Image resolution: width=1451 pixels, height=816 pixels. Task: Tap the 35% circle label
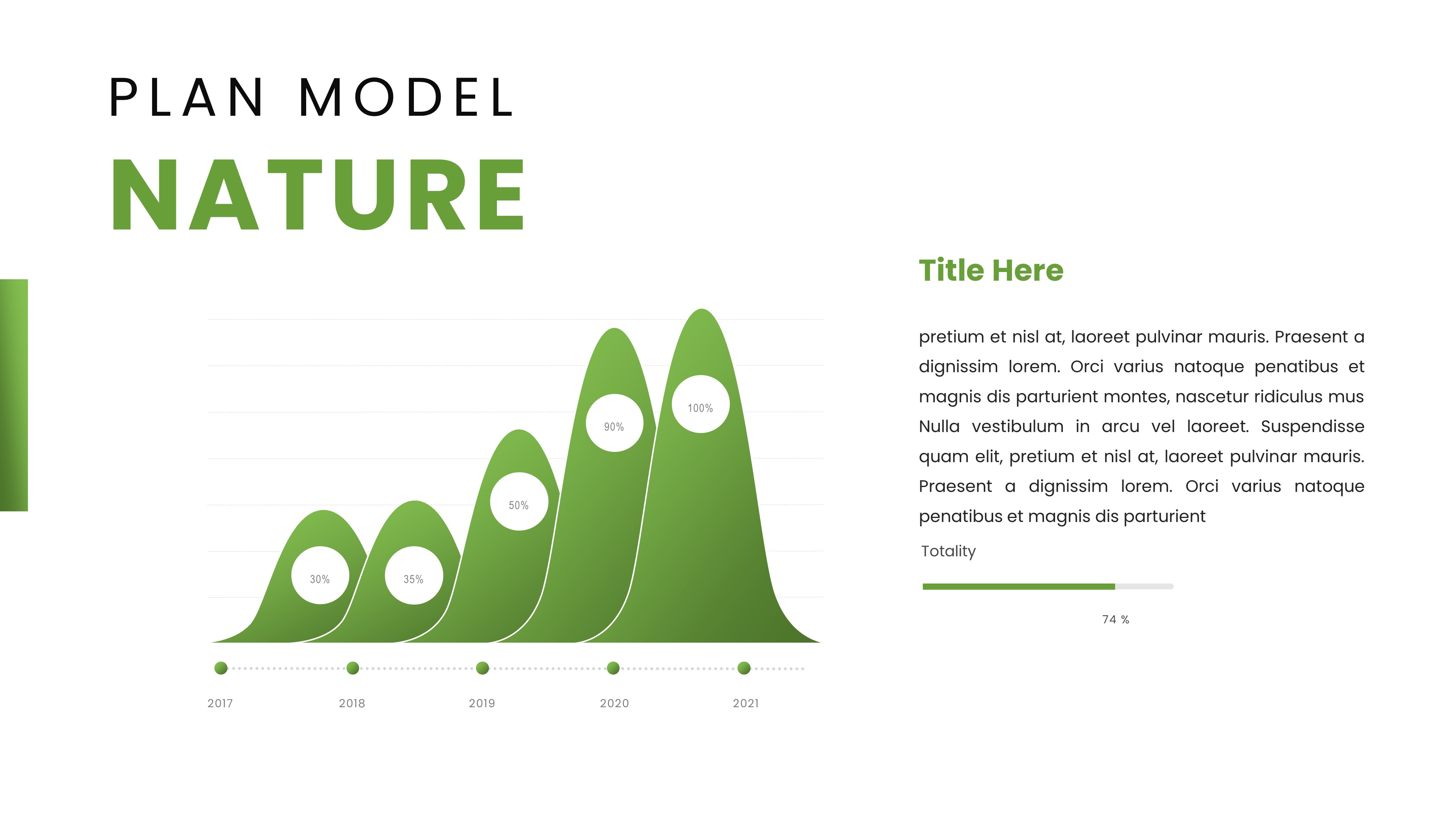(x=414, y=578)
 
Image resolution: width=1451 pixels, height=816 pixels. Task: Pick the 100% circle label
(x=700, y=407)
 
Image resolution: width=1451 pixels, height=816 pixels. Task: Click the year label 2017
(x=220, y=703)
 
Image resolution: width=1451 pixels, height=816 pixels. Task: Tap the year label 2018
(x=352, y=703)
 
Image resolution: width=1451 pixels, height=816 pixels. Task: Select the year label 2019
(x=482, y=703)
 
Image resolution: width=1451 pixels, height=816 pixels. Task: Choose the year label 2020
(x=614, y=703)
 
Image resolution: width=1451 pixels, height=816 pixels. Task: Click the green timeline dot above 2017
(x=221, y=668)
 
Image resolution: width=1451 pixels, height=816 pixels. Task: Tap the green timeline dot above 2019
(x=482, y=668)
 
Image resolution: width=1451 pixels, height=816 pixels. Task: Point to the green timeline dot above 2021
(x=744, y=668)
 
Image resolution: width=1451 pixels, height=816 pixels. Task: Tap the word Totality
(x=948, y=551)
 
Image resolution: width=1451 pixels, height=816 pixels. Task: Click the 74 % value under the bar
(x=1115, y=619)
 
